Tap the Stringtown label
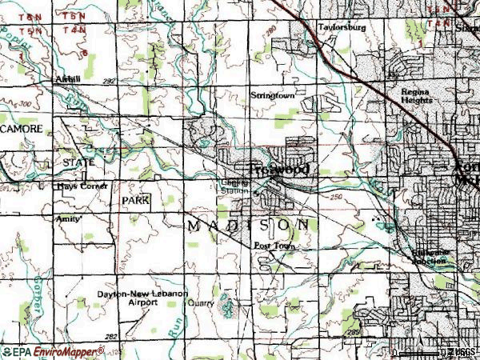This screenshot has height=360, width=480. (273, 95)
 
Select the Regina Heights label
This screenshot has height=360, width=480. (417, 96)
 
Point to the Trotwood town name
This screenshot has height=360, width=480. (279, 170)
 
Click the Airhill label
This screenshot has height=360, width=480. (69, 80)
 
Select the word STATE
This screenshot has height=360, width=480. (78, 162)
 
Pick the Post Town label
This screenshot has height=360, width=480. (274, 246)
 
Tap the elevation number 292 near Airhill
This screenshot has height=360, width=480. (110, 82)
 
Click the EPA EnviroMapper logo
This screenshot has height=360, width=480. (53, 350)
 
